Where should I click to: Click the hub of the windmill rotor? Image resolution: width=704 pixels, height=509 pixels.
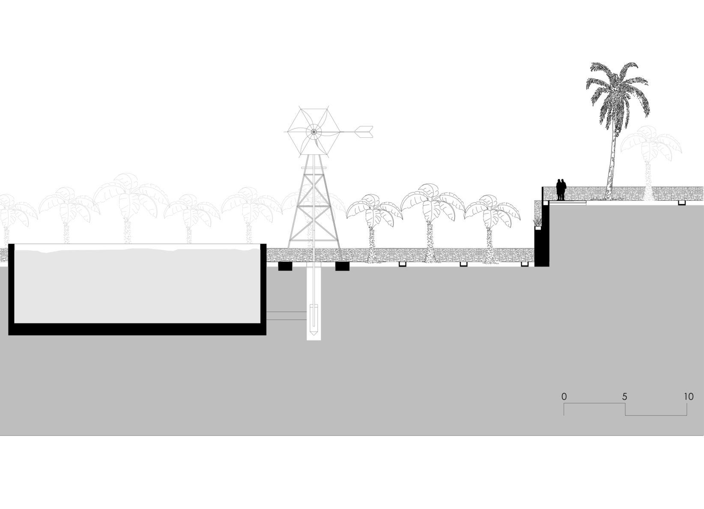point(313,132)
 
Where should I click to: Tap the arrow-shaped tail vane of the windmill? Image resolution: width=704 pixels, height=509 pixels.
point(364,132)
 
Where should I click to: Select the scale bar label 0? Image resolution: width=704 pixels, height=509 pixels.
point(564,397)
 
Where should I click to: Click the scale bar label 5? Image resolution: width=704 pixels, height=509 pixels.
point(625,397)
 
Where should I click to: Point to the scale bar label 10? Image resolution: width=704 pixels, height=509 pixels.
point(688,397)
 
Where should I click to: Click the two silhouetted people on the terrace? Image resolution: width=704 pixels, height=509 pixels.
point(561,189)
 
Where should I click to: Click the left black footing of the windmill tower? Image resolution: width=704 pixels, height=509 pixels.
point(285,266)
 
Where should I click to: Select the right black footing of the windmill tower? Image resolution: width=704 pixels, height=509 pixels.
point(342,266)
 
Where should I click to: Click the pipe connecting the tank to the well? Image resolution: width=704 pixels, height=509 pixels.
point(286,316)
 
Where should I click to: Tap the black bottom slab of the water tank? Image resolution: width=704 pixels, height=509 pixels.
point(137,329)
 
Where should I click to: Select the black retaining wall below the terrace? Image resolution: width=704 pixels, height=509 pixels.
point(545,235)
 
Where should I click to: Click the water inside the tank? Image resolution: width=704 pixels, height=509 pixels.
point(137,287)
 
